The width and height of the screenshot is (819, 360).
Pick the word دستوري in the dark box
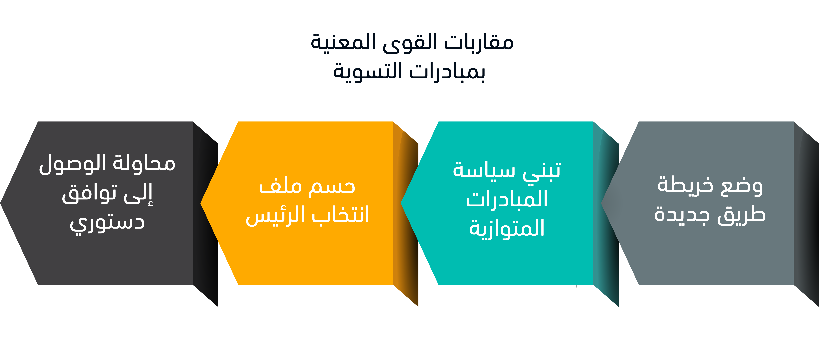point(107,223)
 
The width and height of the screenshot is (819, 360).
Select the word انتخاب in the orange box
point(340,215)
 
